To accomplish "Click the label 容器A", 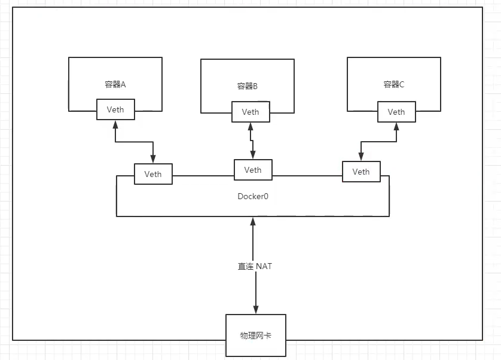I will click(x=115, y=84).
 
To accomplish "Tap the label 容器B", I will click(x=247, y=86).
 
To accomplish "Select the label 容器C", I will click(x=394, y=84).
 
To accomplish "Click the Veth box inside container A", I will click(x=115, y=110).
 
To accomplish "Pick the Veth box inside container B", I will click(x=250, y=112).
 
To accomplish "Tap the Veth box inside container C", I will click(x=396, y=112).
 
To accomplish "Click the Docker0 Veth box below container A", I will click(x=153, y=174).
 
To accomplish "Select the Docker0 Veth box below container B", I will click(x=253, y=170).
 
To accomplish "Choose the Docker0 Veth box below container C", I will click(x=361, y=172).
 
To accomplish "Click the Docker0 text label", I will click(x=253, y=196).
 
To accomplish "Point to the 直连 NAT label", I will click(x=255, y=266).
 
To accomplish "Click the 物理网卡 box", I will click(x=256, y=335).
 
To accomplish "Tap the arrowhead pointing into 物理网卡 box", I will click(x=256, y=309).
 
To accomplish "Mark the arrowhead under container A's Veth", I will click(x=115, y=124).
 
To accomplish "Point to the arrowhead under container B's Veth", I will click(x=250, y=126).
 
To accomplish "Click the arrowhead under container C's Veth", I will click(x=396, y=126).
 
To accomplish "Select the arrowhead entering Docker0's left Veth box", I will click(x=153, y=160).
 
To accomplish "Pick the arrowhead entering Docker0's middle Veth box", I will click(x=253, y=155).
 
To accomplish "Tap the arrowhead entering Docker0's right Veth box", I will click(x=361, y=157).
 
